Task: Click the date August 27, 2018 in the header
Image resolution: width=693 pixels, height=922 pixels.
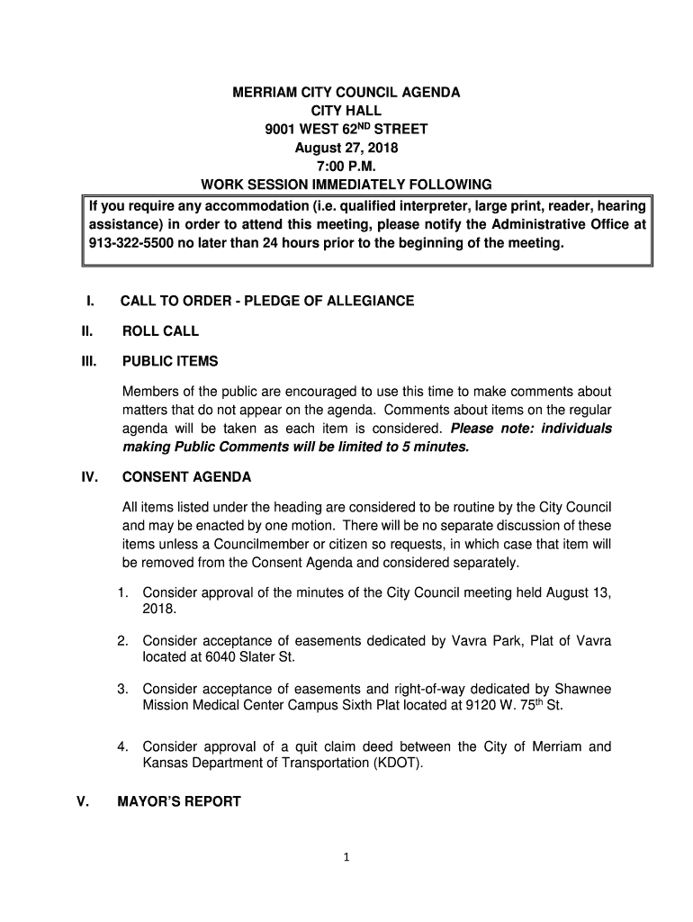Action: coord(346,148)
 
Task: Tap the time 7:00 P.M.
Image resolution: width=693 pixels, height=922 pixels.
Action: coord(346,167)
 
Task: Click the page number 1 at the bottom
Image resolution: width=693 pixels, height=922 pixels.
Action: coord(346,857)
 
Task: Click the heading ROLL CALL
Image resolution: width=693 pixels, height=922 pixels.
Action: coord(160,331)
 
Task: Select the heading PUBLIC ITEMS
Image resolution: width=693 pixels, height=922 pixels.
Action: coord(169,362)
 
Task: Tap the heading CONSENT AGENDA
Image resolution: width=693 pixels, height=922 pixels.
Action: coord(186,477)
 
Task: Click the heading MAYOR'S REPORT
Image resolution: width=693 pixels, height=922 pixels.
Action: coord(181,801)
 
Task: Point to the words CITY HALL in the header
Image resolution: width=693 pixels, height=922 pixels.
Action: coord(346,111)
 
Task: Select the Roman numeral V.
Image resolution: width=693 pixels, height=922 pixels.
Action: coord(82,801)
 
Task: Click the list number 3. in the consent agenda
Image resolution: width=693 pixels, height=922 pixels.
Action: coord(122,689)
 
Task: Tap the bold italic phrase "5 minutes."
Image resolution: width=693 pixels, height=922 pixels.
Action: coord(435,447)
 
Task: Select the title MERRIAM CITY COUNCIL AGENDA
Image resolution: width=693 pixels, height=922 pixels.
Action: coord(346,93)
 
